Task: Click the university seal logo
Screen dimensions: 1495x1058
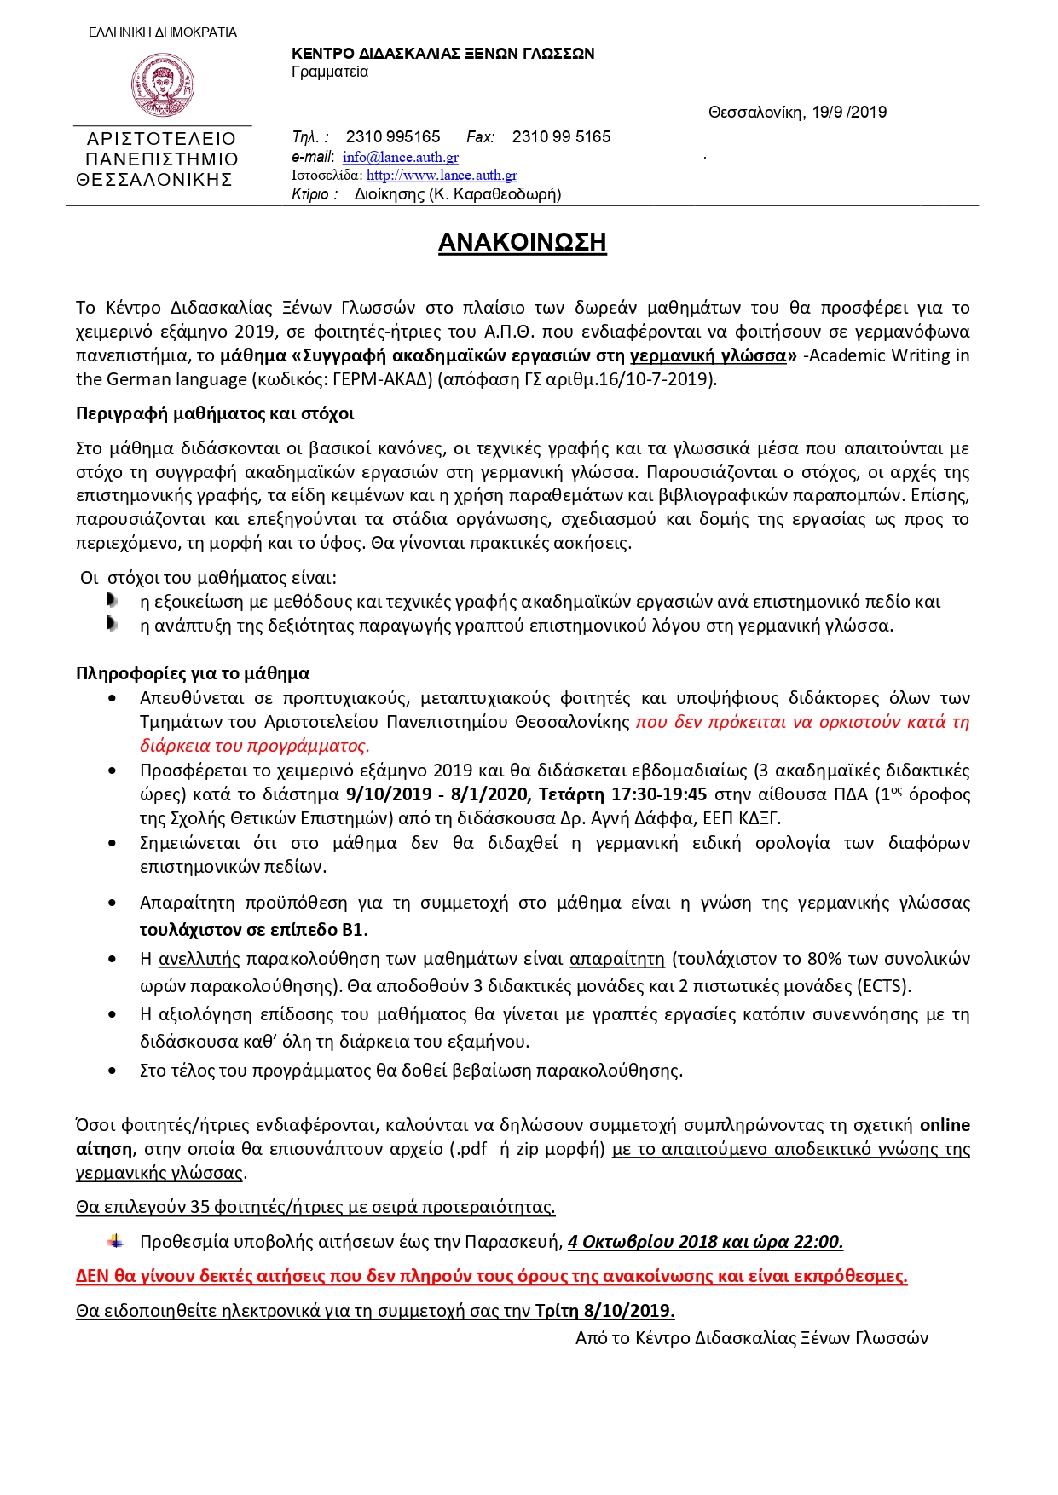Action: [162, 84]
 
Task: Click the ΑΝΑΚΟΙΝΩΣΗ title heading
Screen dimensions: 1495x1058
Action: [522, 242]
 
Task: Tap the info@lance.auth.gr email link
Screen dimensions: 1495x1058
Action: [400, 157]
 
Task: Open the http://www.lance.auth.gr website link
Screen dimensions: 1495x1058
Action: [442, 175]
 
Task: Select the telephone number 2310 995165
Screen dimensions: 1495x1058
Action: [392, 136]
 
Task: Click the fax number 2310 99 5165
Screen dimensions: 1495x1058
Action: [561, 136]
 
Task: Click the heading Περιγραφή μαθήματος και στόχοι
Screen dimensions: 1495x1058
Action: [215, 413]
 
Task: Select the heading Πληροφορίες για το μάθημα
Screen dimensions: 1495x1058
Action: [193, 673]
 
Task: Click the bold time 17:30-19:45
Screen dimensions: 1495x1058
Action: [658, 794]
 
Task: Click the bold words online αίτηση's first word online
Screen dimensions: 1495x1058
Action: [945, 1125]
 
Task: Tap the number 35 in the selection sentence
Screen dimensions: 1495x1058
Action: [199, 1207]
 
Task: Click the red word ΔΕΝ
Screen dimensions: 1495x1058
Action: [93, 1276]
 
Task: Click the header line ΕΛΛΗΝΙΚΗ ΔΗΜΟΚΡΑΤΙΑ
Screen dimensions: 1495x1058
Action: [163, 32]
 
